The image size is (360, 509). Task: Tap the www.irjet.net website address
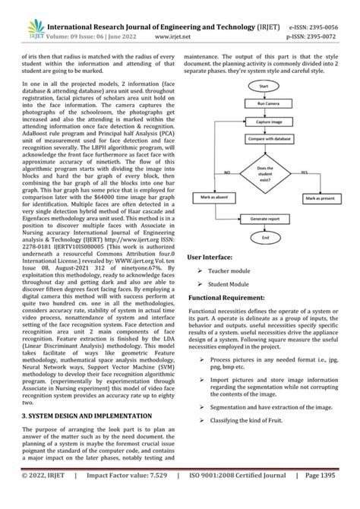click(x=172, y=35)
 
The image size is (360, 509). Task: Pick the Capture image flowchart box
click(x=264, y=122)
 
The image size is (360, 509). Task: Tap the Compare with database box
click(x=264, y=139)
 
